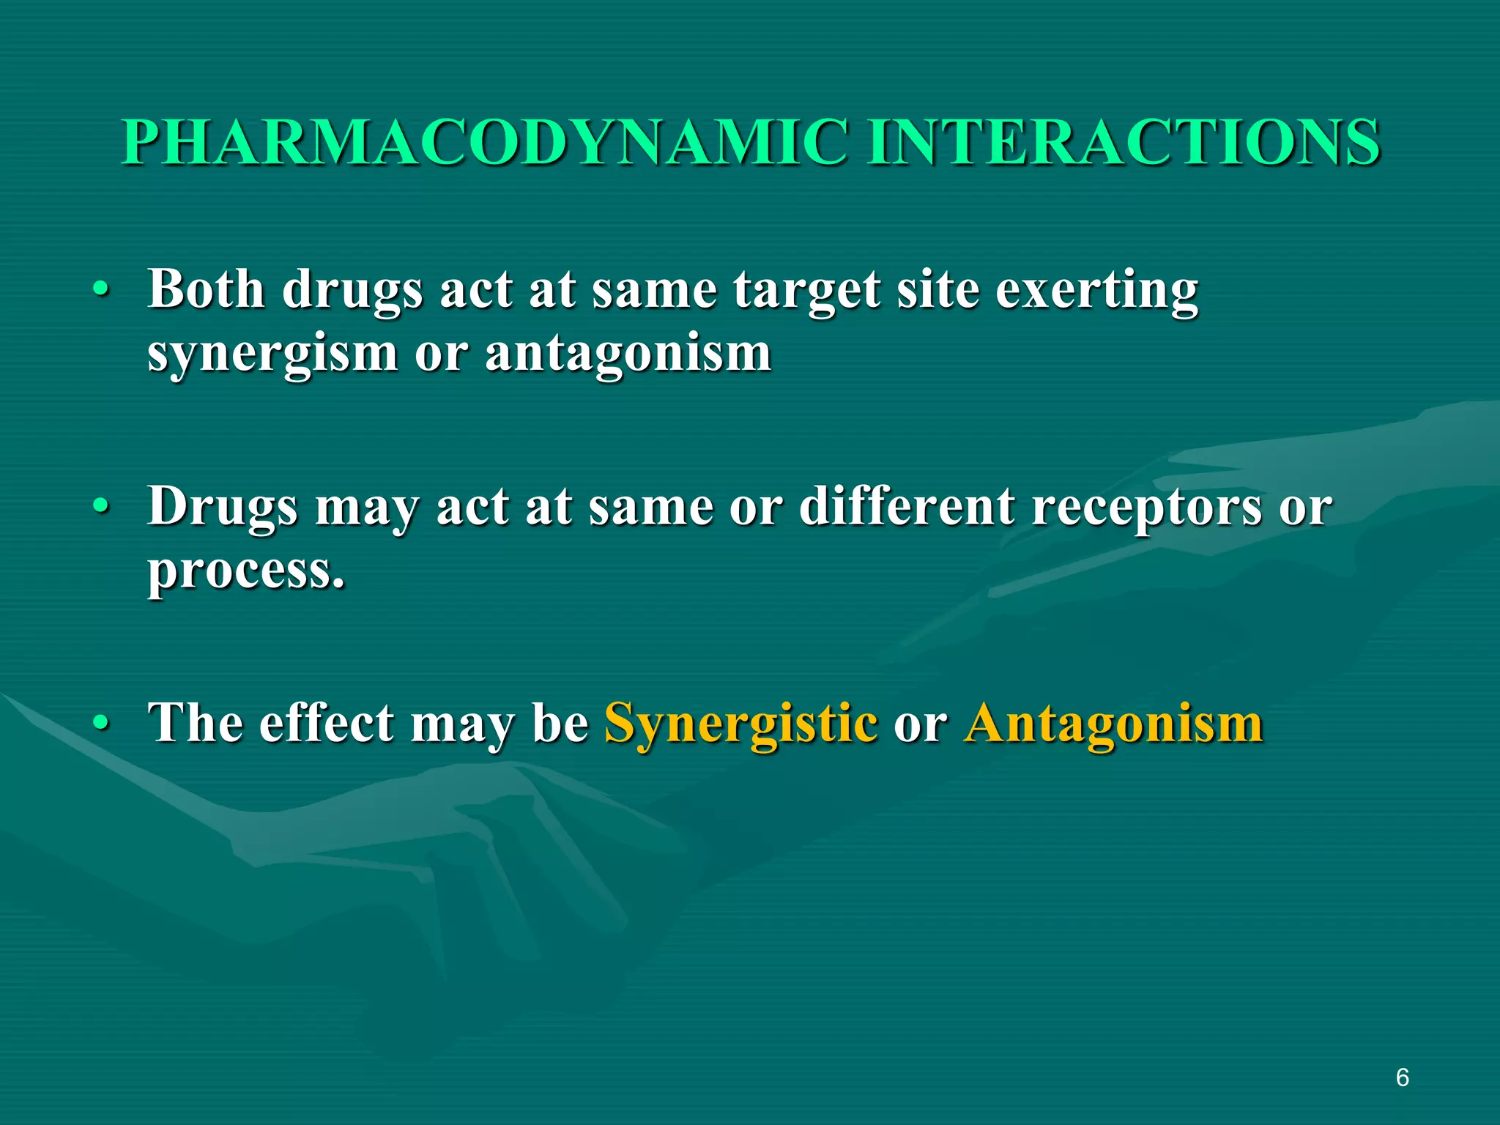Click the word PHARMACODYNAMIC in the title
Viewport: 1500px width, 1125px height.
click(x=483, y=142)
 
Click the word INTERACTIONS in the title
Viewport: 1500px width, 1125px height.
click(x=1124, y=142)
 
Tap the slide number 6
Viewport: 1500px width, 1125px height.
click(x=1402, y=1078)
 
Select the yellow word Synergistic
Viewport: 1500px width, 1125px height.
click(x=740, y=724)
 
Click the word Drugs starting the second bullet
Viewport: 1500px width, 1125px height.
click(x=223, y=507)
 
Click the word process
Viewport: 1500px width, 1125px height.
click(x=246, y=571)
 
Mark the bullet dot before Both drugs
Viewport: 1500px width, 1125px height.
click(x=102, y=290)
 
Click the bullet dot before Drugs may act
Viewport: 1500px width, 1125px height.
click(x=102, y=507)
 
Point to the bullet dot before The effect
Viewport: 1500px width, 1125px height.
click(x=102, y=724)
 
